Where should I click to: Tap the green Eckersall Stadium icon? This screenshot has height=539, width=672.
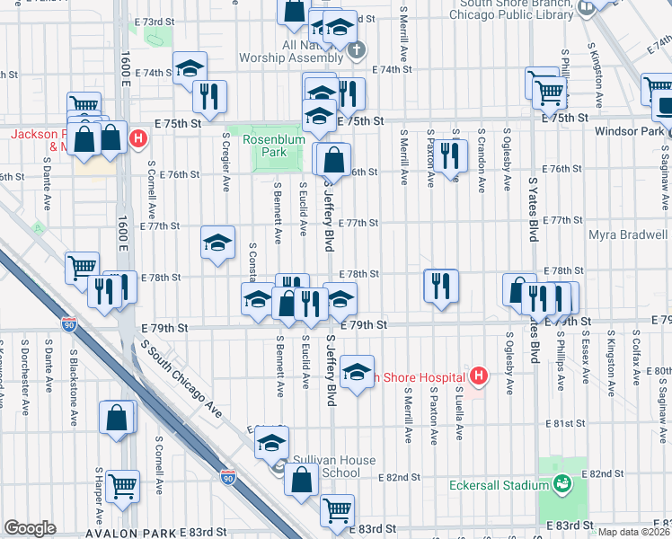(562, 485)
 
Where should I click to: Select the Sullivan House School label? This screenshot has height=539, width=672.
(323, 466)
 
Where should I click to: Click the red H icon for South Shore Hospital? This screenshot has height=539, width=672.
(479, 376)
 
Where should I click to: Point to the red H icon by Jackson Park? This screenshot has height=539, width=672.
(138, 138)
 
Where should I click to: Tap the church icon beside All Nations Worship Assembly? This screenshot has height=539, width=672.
(357, 49)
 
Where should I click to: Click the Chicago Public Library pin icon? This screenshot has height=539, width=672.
(587, 9)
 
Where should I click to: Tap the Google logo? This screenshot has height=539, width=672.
(30, 527)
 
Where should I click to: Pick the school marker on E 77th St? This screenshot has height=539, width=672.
(217, 243)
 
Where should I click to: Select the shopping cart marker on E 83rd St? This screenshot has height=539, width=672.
(337, 509)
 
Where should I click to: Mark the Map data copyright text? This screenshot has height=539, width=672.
(633, 532)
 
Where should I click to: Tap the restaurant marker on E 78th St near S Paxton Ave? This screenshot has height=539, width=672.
(440, 286)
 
